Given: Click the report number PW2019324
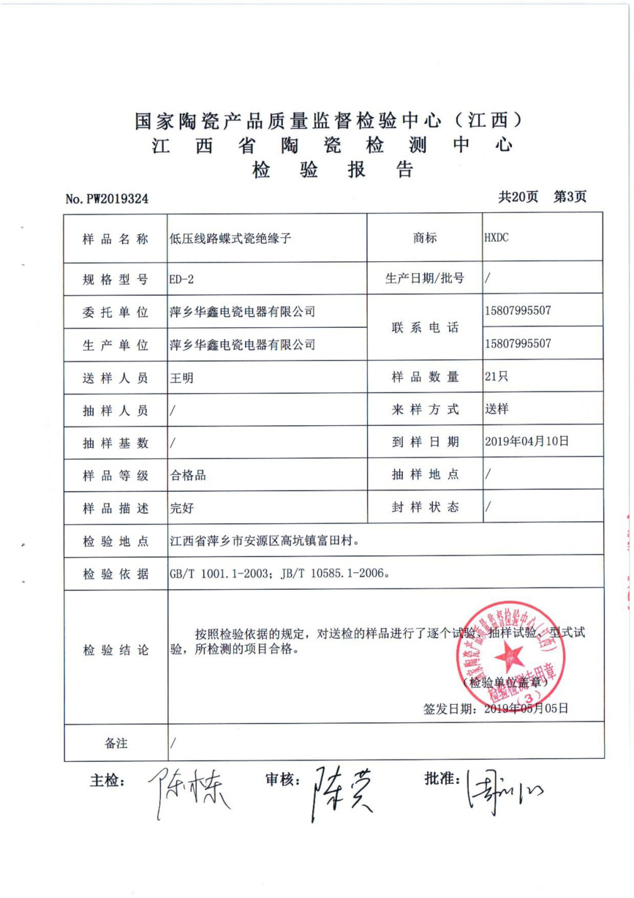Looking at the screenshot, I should coord(107,198).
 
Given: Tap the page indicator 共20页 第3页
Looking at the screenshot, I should coord(542,196).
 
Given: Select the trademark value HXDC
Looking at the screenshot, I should coord(498,237).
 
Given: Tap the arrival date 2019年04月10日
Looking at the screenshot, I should coord(527,441).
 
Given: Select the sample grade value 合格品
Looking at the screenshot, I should coord(187,475).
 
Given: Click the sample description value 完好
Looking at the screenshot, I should coord(181,507).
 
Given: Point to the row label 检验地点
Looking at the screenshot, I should coord(116,542).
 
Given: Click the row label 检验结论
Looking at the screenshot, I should coord(116,650).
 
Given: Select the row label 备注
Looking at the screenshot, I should coord(116,743).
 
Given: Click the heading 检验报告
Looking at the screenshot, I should coord(333,171).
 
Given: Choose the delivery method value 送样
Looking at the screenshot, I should coord(497,409).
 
